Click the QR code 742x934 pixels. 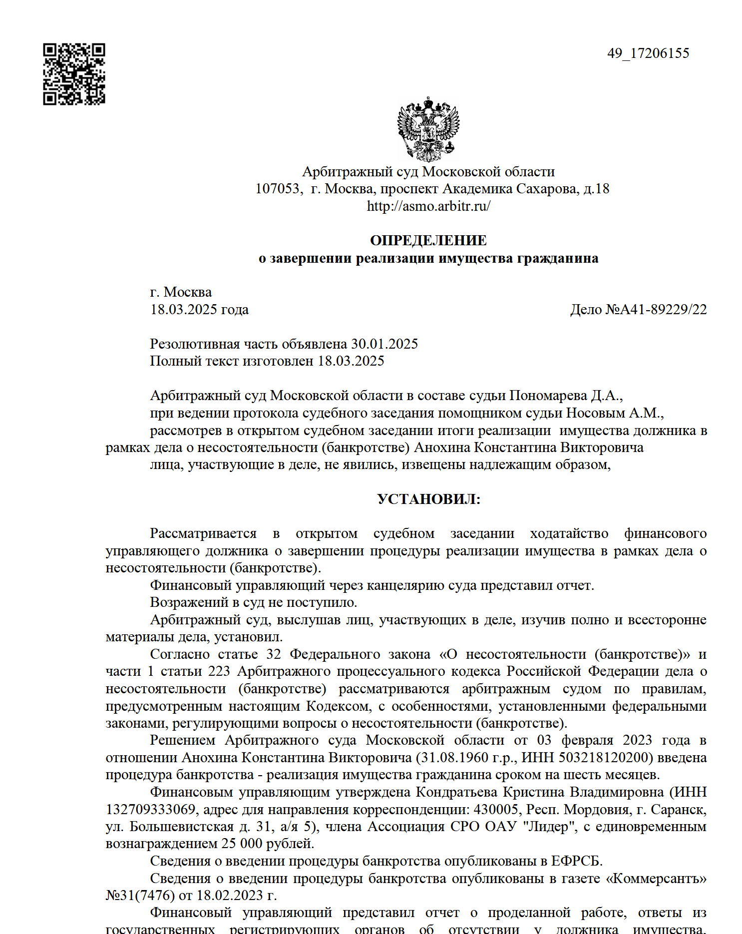click(74, 74)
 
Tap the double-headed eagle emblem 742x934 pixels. click(428, 129)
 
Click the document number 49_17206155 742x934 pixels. click(648, 53)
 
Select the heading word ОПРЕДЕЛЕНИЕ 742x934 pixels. click(428, 240)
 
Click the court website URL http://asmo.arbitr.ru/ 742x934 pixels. click(428, 206)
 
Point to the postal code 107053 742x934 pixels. click(278, 189)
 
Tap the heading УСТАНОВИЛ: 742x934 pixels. click(428, 499)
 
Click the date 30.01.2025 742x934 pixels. click(384, 344)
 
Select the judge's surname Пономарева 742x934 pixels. click(548, 396)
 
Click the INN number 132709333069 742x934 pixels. click(150, 809)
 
